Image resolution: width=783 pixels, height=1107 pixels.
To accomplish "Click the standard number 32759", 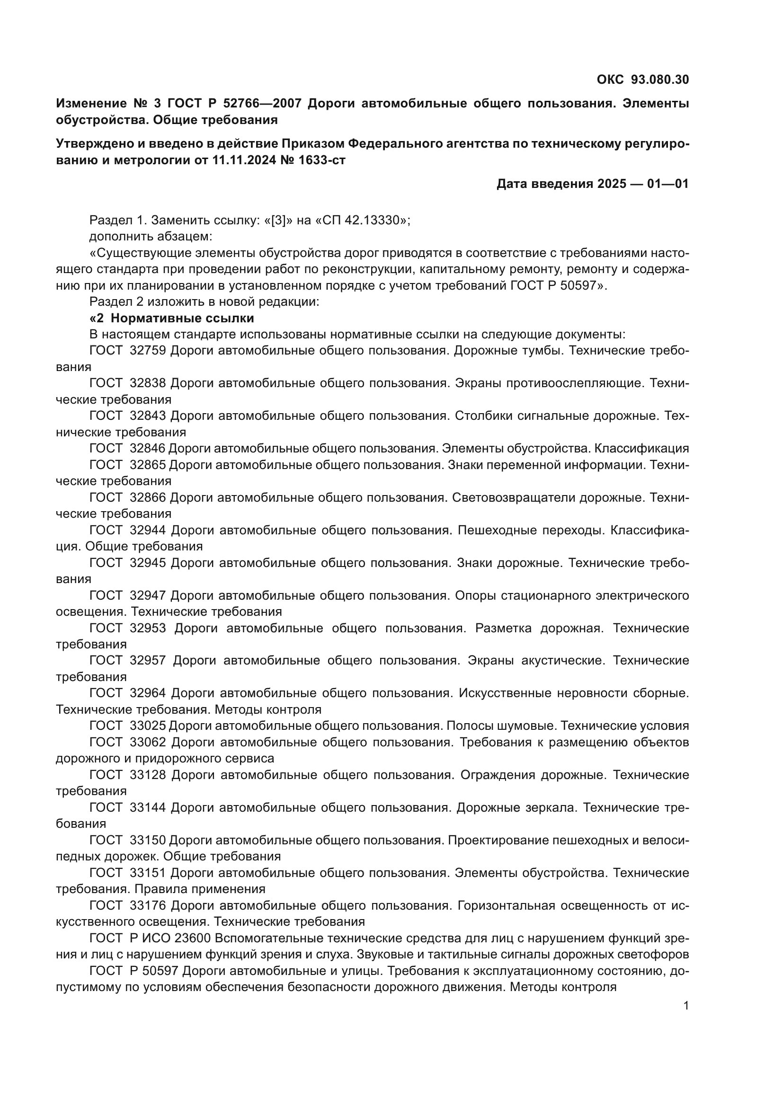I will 148,351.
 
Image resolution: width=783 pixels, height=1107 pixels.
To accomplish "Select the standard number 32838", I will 148,383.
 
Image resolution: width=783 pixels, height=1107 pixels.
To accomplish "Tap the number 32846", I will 148,448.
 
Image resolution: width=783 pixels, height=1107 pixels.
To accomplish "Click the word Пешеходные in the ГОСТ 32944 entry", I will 497,531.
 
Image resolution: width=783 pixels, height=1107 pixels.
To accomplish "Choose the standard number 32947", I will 148,595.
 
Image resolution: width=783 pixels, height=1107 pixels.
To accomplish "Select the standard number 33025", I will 148,726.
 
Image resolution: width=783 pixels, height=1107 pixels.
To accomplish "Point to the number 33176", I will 148,905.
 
